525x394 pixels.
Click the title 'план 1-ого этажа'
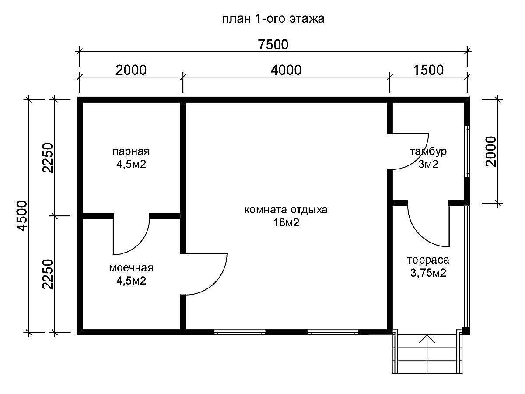[x=273, y=19]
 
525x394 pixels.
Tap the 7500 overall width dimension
[x=273, y=45]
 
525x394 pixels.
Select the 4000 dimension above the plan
[x=286, y=70]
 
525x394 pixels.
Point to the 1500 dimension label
[x=428, y=70]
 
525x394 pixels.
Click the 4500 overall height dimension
[x=22, y=216]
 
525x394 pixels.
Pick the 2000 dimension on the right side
[x=491, y=151]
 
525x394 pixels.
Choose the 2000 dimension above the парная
[x=131, y=70]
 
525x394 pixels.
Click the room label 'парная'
[x=131, y=151]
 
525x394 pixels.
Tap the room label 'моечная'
[x=131, y=268]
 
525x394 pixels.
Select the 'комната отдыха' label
[x=286, y=210]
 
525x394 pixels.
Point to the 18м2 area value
[x=286, y=223]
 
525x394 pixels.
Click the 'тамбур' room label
[x=428, y=151]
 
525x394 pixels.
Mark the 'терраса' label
[x=428, y=260]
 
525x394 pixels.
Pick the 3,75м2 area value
[x=428, y=273]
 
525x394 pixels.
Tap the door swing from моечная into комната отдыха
[x=215, y=283]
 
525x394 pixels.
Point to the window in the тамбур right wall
[x=467, y=151]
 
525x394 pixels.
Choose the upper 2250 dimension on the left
[x=47, y=158]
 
